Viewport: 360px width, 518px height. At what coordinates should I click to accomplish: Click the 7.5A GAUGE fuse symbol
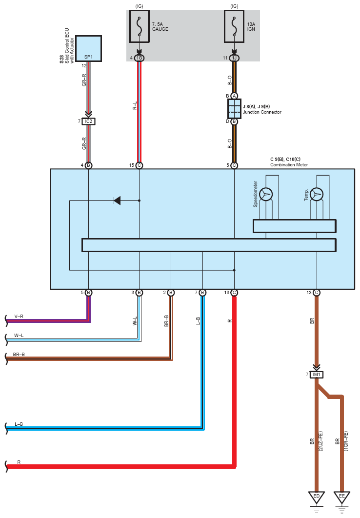point(139,26)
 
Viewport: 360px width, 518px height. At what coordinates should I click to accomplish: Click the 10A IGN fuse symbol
point(234,26)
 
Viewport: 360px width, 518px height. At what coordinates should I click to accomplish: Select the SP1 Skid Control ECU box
point(88,49)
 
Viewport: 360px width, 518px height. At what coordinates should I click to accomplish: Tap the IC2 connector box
point(88,121)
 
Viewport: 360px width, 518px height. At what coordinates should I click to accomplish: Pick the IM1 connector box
point(317,375)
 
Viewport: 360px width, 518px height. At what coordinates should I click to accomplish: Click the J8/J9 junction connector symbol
point(234,109)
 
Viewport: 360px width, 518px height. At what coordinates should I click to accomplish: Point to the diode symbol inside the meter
point(117,200)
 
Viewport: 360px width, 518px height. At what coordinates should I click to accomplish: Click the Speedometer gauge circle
point(266,194)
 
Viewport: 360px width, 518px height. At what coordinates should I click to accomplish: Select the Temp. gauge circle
point(317,194)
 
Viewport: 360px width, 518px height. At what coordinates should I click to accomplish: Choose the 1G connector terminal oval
point(140,58)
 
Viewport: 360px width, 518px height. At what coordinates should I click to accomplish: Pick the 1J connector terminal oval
point(234,58)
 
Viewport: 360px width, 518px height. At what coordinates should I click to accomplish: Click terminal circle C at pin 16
point(234,292)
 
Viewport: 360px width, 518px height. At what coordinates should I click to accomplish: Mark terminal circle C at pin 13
point(317,292)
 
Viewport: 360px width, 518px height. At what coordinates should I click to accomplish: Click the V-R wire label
point(19,317)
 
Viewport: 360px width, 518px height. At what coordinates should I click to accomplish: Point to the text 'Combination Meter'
point(289,165)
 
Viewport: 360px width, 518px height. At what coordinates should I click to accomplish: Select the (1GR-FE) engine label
point(346,441)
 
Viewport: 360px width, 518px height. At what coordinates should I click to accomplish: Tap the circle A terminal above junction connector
point(234,96)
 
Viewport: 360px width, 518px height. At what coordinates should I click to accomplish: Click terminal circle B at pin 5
point(88,292)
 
